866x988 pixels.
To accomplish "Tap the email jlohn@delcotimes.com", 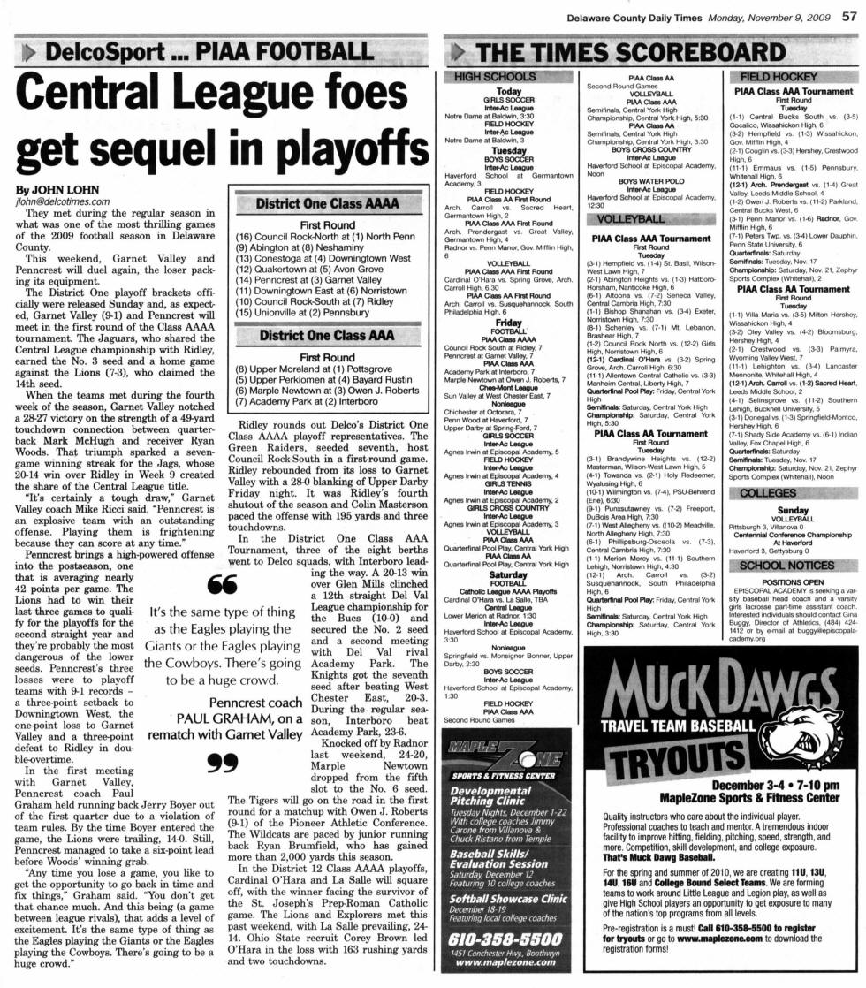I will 61,201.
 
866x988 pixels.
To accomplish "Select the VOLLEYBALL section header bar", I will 631,218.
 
